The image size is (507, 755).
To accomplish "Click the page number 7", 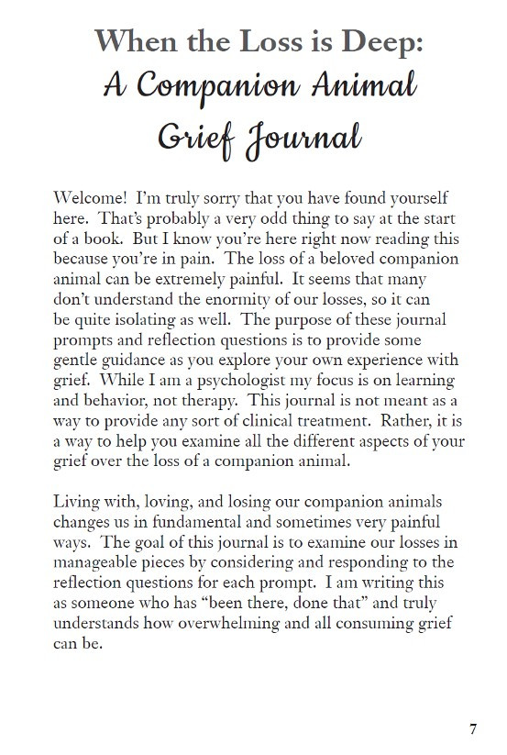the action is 473,730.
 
